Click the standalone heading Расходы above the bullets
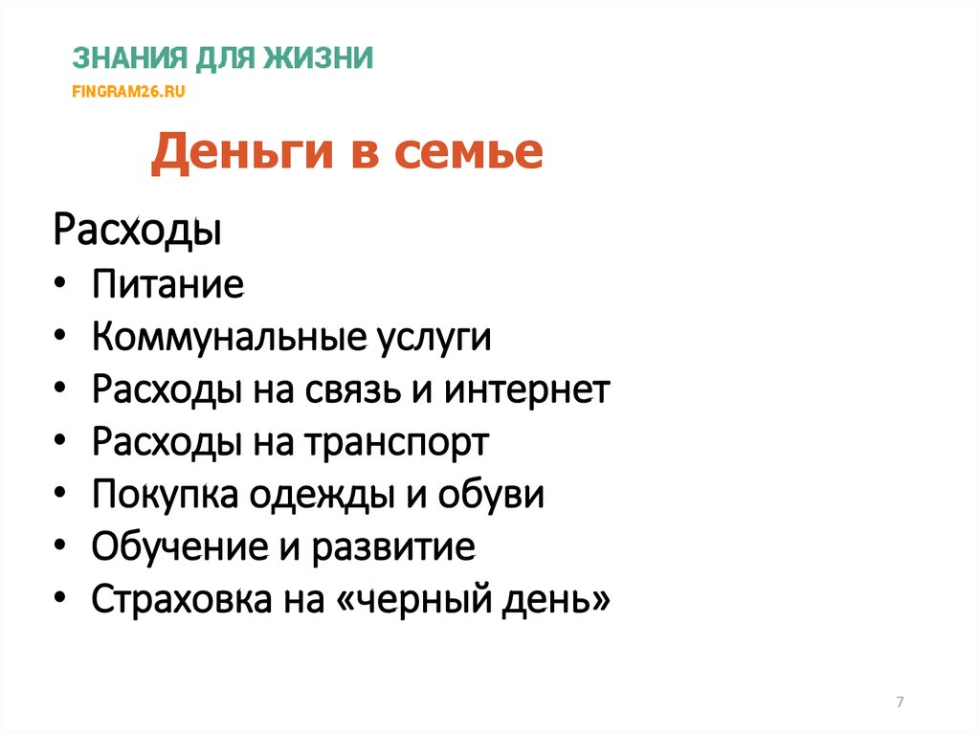(x=137, y=232)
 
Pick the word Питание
(x=167, y=285)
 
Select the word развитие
(x=403, y=549)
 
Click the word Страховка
(x=179, y=601)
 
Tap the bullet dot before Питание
(x=62, y=286)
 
